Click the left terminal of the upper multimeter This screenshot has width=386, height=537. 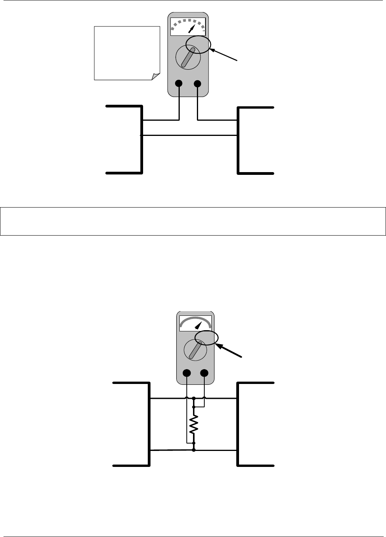pyautogui.click(x=179, y=83)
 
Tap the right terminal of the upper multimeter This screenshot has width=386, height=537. pyautogui.click(x=198, y=83)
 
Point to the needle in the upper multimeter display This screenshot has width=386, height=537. pyautogui.click(x=192, y=28)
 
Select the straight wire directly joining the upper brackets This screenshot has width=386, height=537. pyautogui.click(x=189, y=136)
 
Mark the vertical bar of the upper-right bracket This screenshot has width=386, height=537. pyautogui.click(x=238, y=139)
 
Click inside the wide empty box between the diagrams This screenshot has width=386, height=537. pyautogui.click(x=193, y=221)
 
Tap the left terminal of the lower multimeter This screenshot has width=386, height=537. pyautogui.click(x=187, y=373)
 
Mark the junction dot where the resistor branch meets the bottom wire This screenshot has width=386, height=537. pyautogui.click(x=194, y=450)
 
